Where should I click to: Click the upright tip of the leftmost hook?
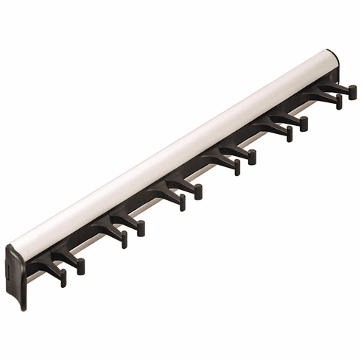63,279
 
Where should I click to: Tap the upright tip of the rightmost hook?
353,92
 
